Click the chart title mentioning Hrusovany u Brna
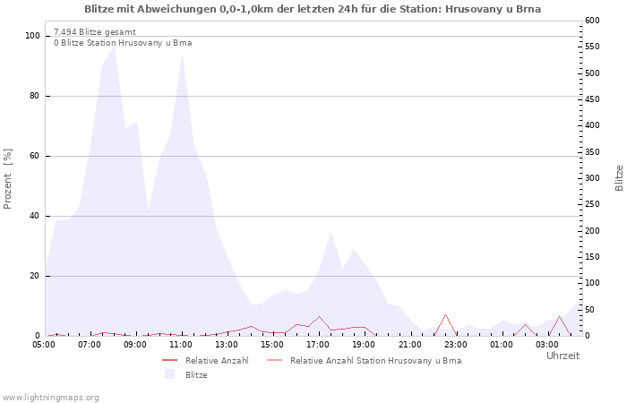[313, 9]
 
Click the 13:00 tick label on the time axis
[227, 344]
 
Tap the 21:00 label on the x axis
[410, 344]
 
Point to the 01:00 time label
[502, 344]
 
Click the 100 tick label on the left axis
[32, 36]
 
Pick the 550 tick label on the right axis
[592, 47]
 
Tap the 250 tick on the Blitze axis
[592, 204]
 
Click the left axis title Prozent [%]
[7, 179]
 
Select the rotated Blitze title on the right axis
[619, 178]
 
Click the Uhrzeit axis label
[563, 356]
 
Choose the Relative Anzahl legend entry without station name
[217, 361]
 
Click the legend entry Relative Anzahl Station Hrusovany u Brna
[375, 361]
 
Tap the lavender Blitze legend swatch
[169, 374]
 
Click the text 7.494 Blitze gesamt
[95, 32]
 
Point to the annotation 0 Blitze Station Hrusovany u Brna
[123, 43]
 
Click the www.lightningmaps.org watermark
[49, 398]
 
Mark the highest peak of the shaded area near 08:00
[114, 47]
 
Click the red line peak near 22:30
[445, 314]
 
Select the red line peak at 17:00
[319, 317]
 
